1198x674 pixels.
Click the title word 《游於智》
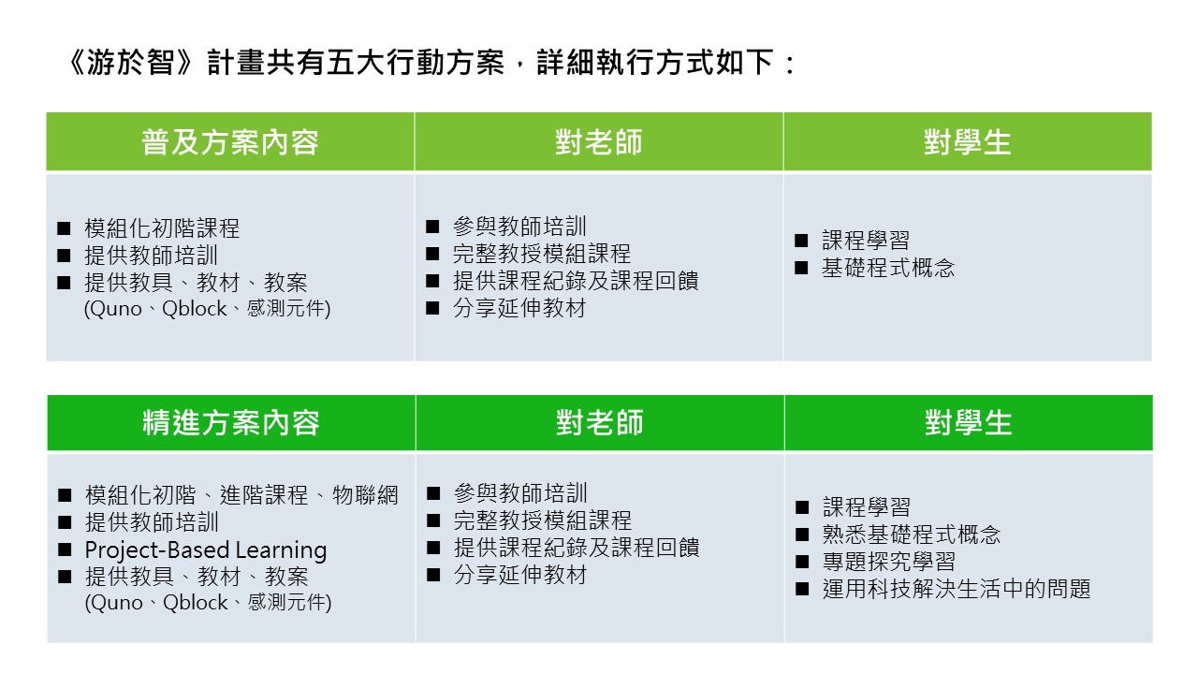(130, 63)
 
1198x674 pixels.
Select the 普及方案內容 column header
(230, 142)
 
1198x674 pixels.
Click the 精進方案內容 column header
(231, 422)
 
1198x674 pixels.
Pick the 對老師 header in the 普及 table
(598, 142)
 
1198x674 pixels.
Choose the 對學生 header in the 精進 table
(969, 422)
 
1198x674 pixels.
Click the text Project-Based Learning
(206, 549)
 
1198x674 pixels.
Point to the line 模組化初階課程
(162, 228)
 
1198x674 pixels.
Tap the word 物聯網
(365, 495)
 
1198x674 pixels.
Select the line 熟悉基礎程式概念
(912, 535)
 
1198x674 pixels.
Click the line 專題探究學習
(889, 562)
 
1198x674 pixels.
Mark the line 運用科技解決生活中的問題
(957, 589)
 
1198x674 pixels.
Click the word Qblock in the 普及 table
(194, 309)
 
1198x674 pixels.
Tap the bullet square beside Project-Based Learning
(65, 549)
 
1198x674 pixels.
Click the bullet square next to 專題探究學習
(802, 562)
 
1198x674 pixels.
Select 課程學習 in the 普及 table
(866, 241)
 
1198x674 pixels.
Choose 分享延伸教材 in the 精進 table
(520, 575)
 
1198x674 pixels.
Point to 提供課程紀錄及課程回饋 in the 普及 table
(576, 281)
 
